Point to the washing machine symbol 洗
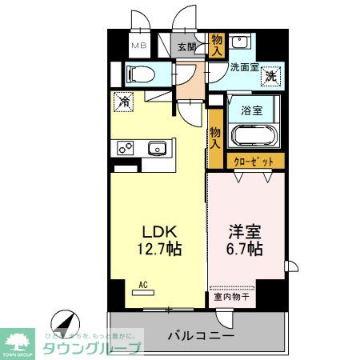[271, 78]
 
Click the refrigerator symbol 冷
[123, 102]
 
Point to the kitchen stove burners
[126, 147]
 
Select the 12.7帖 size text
[157, 249]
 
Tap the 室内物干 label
[232, 298]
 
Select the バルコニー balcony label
[200, 335]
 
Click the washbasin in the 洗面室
[238, 42]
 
